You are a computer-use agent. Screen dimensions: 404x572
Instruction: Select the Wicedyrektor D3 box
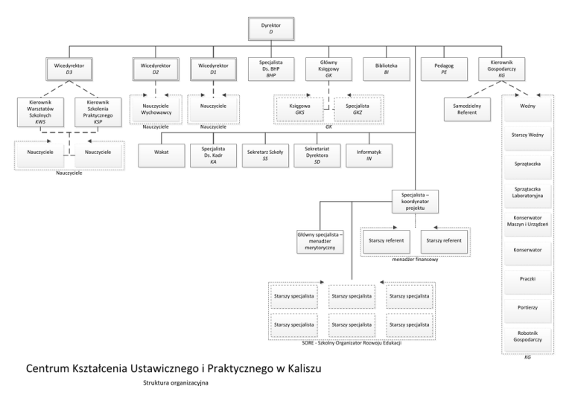click(69, 69)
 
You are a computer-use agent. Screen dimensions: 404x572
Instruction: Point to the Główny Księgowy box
click(328, 69)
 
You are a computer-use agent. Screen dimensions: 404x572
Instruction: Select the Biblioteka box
click(386, 69)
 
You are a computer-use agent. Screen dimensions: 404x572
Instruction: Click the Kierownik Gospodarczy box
click(501, 69)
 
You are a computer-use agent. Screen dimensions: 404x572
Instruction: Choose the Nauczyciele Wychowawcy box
click(156, 109)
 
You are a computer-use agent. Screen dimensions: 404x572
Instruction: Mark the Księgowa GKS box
click(299, 109)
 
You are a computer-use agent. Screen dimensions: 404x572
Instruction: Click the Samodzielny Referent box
click(466, 109)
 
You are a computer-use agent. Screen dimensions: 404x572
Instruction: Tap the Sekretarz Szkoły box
click(262, 154)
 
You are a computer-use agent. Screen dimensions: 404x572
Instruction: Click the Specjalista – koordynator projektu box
click(416, 201)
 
